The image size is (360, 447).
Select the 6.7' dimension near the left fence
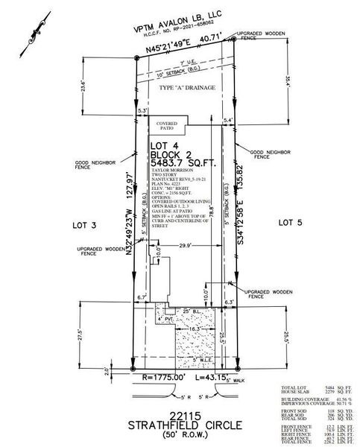pos(142,297)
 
